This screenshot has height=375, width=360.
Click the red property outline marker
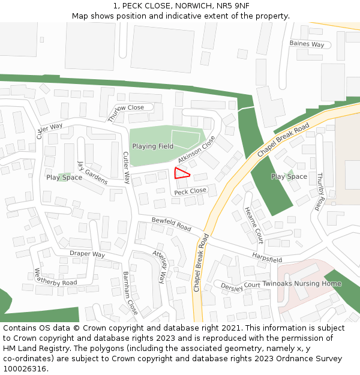click(181, 174)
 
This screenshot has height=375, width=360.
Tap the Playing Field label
click(153, 146)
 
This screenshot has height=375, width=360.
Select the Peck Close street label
click(190, 191)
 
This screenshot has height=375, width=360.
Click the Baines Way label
click(307, 44)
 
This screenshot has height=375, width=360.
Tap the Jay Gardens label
click(92, 172)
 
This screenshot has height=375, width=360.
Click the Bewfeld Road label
click(171, 224)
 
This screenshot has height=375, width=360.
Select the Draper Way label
click(87, 254)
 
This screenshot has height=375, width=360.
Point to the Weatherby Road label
click(56, 277)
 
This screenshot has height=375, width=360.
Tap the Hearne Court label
click(254, 225)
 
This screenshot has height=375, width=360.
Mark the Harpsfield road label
click(267, 259)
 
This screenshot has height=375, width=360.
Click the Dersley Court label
click(241, 286)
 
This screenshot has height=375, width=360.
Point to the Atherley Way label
click(158, 266)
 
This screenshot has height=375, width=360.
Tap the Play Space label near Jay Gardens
click(64, 178)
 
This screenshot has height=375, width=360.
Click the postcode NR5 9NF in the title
click(233, 6)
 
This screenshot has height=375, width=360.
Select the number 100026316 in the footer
click(23, 368)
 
